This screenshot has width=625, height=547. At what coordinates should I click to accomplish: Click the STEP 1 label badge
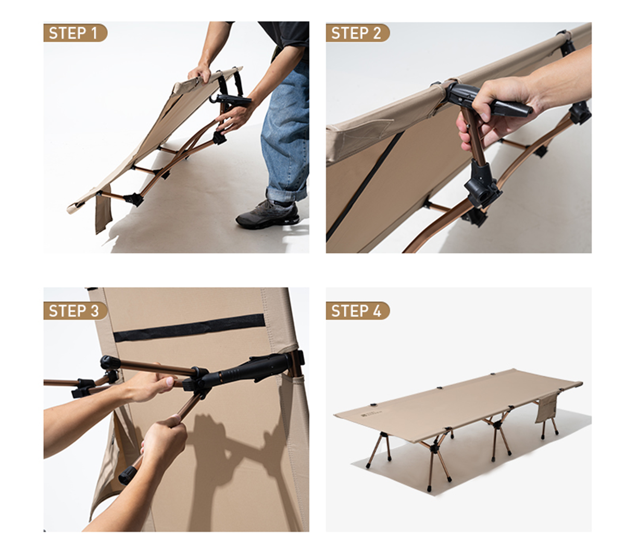[x=75, y=33]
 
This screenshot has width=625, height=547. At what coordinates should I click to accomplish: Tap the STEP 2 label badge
[x=357, y=33]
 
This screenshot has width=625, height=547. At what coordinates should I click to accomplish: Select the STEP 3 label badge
[x=75, y=311]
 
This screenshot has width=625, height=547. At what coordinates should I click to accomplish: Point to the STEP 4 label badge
[x=357, y=311]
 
